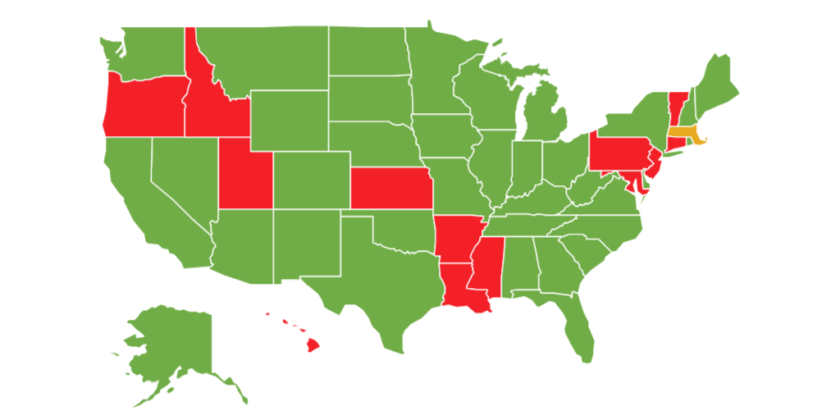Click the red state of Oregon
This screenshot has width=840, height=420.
coord(144,107)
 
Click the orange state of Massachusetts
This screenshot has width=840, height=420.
coord(682,135)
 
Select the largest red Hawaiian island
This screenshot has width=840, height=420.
coord(312,345)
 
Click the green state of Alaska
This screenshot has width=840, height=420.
coord(172,345)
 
